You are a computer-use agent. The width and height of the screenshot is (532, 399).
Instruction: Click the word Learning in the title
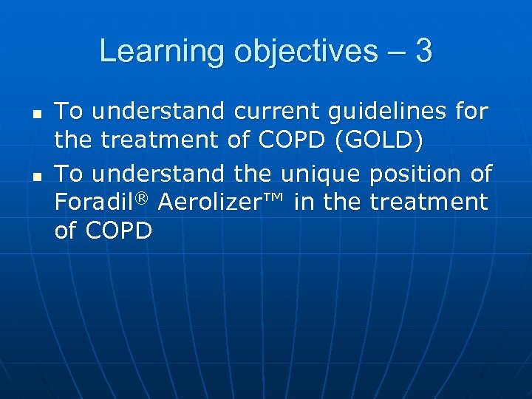click(x=148, y=52)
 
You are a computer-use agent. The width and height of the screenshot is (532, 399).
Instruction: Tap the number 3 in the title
click(x=423, y=52)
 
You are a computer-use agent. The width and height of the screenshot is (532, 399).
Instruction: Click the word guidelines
click(x=389, y=112)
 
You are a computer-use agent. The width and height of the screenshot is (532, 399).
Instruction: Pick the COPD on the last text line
click(x=119, y=231)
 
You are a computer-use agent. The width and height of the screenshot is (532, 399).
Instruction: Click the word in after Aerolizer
click(x=303, y=202)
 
